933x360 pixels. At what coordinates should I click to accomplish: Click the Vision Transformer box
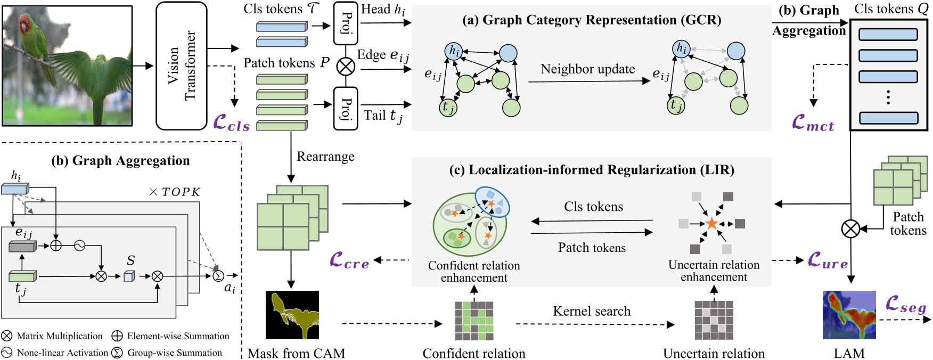tap(181, 66)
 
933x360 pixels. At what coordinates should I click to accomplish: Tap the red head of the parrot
tap(24, 23)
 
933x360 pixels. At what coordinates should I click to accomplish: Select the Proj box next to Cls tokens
tap(345, 23)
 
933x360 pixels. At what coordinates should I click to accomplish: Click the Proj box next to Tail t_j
tap(345, 109)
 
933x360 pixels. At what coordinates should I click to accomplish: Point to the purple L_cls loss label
tap(231, 123)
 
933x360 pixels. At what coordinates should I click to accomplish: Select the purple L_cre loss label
tap(349, 260)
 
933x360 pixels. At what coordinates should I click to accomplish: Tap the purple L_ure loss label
tap(828, 260)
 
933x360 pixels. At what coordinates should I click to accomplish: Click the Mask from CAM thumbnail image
tap(292, 315)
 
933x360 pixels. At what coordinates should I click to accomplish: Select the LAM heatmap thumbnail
tap(849, 315)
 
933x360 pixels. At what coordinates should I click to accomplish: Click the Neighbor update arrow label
tap(587, 69)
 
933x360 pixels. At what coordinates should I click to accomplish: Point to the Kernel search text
tap(591, 311)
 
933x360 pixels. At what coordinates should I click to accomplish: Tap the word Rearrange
tap(325, 157)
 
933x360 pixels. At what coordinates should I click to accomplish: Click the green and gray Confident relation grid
tap(474, 321)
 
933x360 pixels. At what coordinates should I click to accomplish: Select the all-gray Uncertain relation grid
tap(714, 321)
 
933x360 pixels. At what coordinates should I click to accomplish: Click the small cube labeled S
tap(129, 276)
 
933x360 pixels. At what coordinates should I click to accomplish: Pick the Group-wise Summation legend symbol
tap(117, 353)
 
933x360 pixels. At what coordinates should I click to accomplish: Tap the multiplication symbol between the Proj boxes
tap(346, 67)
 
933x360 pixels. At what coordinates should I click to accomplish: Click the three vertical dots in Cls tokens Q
tap(888, 97)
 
